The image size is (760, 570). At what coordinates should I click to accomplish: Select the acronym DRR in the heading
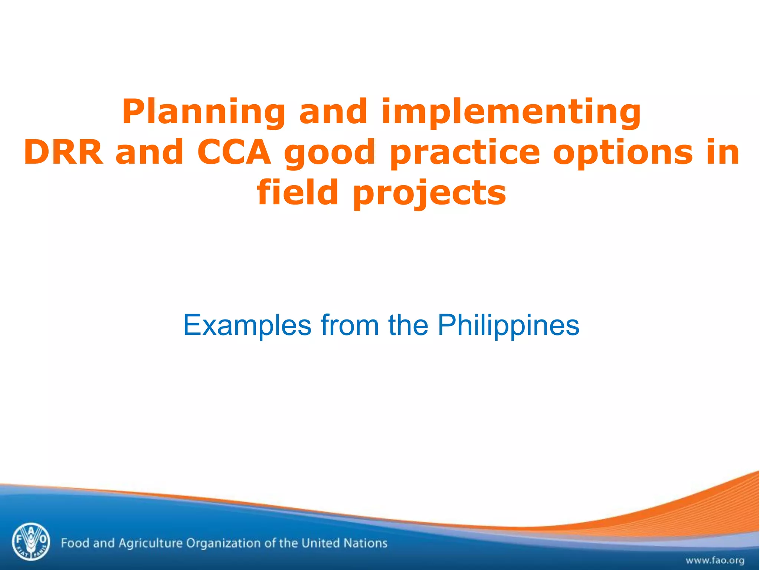point(63,152)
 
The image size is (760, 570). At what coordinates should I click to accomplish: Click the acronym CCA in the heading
point(234,152)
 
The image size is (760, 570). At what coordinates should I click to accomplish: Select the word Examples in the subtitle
point(247,325)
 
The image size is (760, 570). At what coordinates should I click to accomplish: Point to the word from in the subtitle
point(350,325)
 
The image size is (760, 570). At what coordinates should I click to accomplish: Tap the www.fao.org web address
point(714,560)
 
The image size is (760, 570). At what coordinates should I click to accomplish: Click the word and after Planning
point(333,112)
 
